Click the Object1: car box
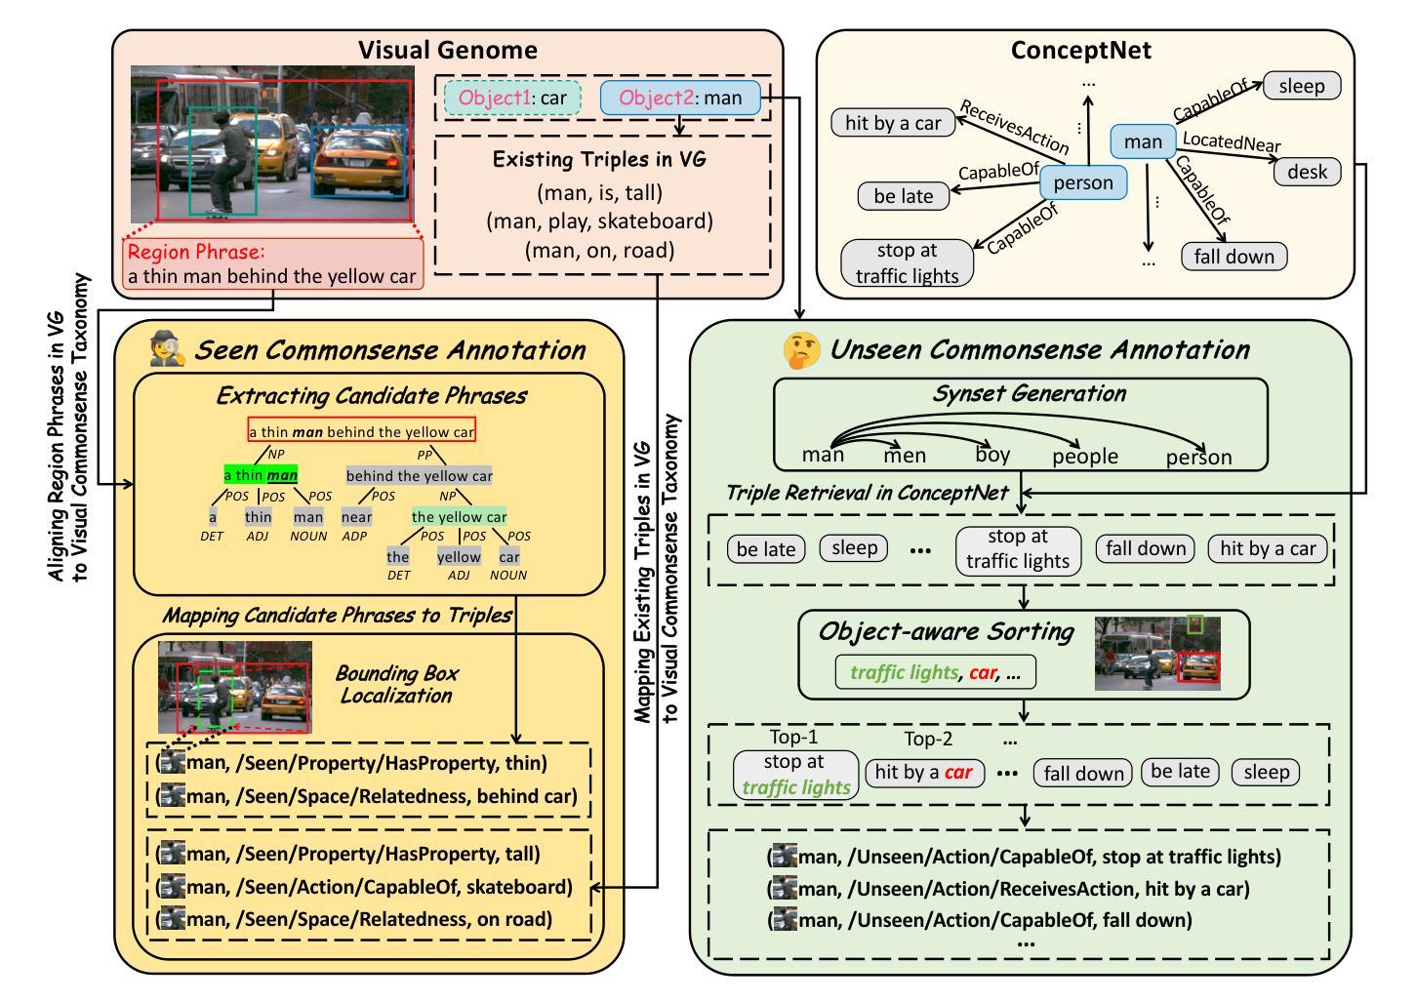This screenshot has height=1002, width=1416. pos(512,98)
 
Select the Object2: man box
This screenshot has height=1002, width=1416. pos(680,98)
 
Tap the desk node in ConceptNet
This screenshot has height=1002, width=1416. pos(1307,172)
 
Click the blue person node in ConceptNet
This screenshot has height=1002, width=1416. pos(1083,182)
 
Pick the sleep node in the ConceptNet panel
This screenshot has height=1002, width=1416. pos(1302,86)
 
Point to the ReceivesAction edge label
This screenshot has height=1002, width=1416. pos(1014,127)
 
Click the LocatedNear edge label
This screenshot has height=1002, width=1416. pos(1232,141)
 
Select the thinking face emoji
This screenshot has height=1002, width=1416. pos(801,350)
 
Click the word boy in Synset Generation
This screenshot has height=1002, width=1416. pos(992,455)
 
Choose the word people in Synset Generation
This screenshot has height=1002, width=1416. pos(1085,457)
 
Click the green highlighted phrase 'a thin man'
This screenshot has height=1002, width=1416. pos(261,475)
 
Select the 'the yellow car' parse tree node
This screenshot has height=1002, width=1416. pos(459,516)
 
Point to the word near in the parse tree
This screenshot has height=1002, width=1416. pos(356,517)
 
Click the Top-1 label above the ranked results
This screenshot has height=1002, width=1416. pos(793,737)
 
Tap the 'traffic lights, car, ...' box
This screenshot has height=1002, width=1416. pos(935,672)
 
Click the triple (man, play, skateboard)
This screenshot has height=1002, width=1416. pos(599,221)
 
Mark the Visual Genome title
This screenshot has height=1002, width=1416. pos(448,50)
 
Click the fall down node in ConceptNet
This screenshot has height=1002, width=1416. pos(1234,257)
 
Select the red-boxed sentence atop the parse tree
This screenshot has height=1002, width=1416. pos(362,432)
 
